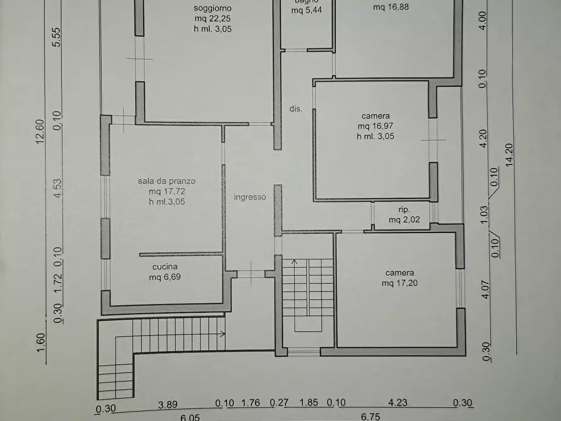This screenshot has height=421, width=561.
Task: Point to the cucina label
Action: point(165,266)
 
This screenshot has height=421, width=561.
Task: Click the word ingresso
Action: point(250,197)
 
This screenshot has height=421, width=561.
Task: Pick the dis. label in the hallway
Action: point(296,109)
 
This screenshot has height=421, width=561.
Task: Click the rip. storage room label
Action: point(404,209)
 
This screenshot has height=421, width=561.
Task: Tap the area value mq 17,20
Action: point(400,283)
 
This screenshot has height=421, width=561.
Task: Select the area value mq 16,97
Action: point(376,126)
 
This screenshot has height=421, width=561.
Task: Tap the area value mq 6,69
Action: point(165,276)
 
